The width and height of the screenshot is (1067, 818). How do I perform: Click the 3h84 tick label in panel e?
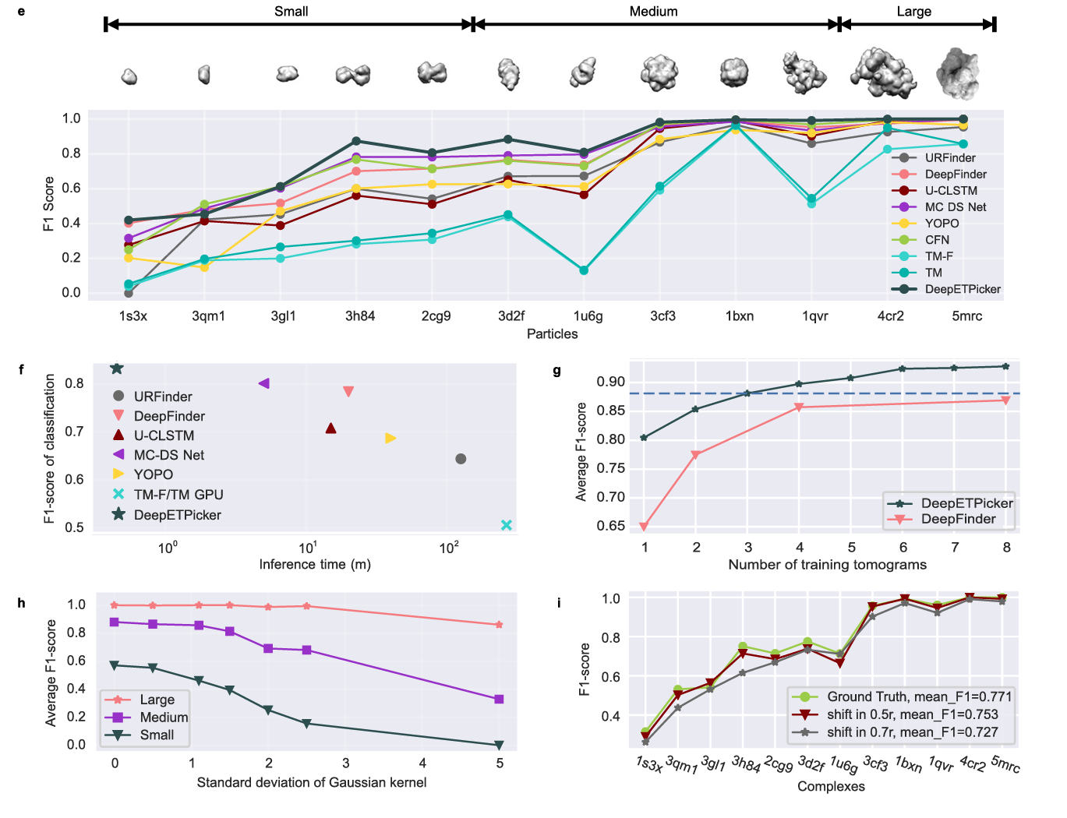[360, 316]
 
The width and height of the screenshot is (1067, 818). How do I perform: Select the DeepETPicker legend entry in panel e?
[963, 289]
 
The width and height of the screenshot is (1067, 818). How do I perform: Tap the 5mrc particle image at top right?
[958, 73]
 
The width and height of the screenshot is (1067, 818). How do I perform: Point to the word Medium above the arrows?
[653, 12]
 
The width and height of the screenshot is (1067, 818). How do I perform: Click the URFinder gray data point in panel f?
[461, 459]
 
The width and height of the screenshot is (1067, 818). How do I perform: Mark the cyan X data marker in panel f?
[507, 525]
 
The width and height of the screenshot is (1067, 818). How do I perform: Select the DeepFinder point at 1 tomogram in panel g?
[645, 527]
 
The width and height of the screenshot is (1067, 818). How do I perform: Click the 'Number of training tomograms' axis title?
[827, 565]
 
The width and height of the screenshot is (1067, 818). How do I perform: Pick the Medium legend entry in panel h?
[163, 718]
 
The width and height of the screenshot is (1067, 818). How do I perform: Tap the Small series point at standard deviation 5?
[500, 745]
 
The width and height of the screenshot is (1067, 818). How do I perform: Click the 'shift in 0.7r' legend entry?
[912, 732]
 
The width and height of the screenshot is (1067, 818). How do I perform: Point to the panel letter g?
[556, 371]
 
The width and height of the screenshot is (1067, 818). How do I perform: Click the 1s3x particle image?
[129, 76]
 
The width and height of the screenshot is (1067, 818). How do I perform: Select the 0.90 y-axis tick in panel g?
[610, 382]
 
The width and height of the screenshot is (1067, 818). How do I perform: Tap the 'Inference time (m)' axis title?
[315, 565]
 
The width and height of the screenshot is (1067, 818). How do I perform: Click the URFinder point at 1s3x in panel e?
[129, 293]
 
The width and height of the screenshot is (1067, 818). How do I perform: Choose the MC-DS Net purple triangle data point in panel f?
[264, 383]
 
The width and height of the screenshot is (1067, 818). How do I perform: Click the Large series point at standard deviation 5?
[500, 625]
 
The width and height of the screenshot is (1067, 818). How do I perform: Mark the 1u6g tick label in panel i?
[843, 765]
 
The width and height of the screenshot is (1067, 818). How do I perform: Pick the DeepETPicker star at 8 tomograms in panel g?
[1005, 366]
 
